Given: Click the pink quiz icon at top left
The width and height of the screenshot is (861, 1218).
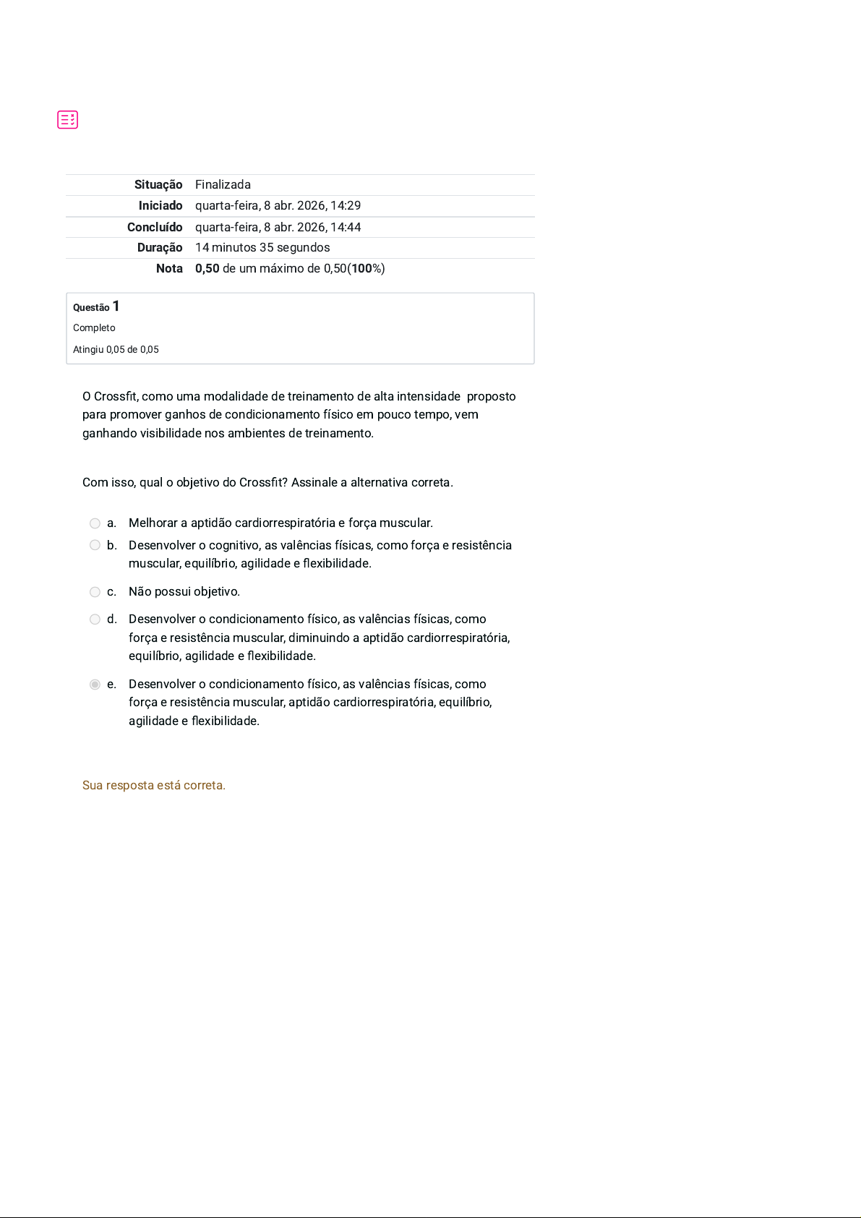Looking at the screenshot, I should coord(68,120).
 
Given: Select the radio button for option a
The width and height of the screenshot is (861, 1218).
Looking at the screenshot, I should coord(95,523).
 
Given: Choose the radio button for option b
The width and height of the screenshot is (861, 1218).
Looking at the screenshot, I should coord(95,545).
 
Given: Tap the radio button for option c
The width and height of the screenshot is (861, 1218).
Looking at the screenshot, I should coord(95,592).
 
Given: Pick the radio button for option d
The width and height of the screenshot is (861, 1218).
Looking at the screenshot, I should coord(95,619).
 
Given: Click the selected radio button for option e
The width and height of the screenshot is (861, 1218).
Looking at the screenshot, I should coord(95,685).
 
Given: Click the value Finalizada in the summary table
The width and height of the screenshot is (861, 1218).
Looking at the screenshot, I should coord(223,185).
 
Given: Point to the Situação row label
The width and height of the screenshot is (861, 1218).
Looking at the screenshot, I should coord(158,185).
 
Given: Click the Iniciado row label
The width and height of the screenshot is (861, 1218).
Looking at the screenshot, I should coord(160,206).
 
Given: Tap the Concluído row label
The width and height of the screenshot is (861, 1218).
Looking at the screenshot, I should coord(155,227).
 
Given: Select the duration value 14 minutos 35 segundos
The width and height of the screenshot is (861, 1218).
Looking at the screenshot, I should coord(262,248).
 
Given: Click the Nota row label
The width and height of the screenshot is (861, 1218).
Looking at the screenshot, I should coord(169,269).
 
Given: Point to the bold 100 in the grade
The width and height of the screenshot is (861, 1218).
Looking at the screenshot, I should coord(361,269).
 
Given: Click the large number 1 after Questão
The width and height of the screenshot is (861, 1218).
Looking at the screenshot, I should coord(116,306).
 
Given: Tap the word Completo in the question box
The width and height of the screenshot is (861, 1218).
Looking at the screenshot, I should coord(94,328).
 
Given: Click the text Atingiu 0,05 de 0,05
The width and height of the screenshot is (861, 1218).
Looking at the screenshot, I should coord(116,350).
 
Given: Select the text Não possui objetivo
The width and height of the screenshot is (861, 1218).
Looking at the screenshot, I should coord(184,592).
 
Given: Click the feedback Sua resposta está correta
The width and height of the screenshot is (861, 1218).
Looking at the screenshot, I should coord(154,786).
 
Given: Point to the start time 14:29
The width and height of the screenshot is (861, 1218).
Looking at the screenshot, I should coord(346,206).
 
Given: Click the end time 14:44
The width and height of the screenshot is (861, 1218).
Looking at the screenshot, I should coord(346,227).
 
